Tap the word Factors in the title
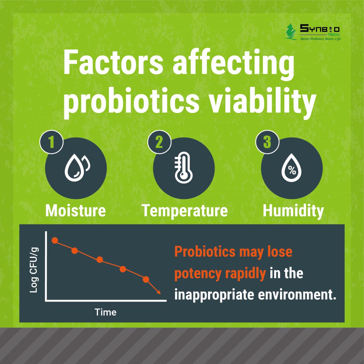(113, 62)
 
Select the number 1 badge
(51, 142)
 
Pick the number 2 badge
(160, 142)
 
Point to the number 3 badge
(267, 142)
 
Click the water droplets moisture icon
(77, 167)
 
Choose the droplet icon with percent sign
(292, 168)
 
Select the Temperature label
(185, 211)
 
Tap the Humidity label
(293, 211)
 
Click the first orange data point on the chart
(55, 241)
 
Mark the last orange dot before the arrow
(146, 279)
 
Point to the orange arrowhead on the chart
(159, 292)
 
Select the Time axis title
(105, 312)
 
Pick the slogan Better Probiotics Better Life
(321, 39)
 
